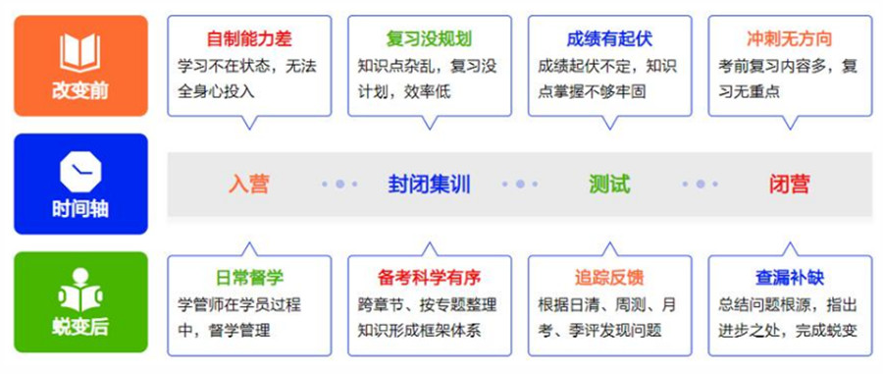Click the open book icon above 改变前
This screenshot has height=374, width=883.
click(80, 52)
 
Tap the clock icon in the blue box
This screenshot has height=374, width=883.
click(80, 171)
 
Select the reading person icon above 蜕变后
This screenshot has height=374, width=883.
click(80, 293)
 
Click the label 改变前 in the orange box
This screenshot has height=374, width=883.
click(80, 91)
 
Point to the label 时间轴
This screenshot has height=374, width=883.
click(80, 210)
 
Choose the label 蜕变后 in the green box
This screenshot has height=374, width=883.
click(80, 329)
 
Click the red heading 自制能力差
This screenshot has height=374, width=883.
click(249, 40)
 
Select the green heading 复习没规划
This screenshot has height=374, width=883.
click(429, 40)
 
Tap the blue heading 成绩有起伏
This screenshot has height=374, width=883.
click(609, 40)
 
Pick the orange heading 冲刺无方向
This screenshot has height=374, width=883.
click(789, 40)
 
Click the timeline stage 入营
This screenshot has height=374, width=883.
click(249, 184)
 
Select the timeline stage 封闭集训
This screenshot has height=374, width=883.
click(429, 184)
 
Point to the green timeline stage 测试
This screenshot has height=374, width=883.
click(609, 184)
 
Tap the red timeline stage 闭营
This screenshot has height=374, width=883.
click(789, 184)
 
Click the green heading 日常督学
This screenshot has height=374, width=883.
click(249, 277)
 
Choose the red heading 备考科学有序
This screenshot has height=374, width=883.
click(429, 277)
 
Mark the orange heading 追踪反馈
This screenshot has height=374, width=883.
click(609, 277)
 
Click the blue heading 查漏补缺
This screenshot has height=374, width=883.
click(789, 277)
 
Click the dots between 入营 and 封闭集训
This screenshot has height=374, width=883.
click(339, 184)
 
